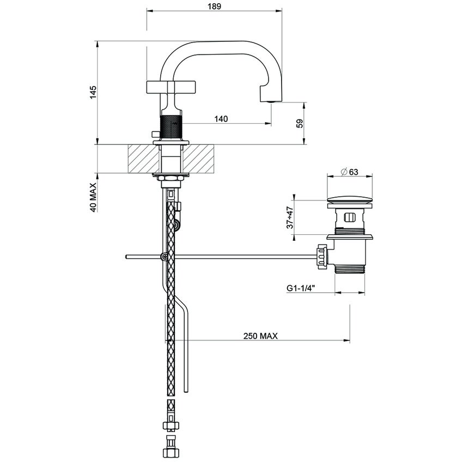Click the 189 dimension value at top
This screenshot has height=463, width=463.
[214, 6]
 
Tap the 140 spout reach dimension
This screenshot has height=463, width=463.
[221, 119]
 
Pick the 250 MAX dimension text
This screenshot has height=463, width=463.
[260, 336]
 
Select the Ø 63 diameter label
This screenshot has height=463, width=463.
[349, 172]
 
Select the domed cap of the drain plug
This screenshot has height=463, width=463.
[350, 198]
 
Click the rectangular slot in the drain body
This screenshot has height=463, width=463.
[350, 219]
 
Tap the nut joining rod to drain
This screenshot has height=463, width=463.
[321, 257]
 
